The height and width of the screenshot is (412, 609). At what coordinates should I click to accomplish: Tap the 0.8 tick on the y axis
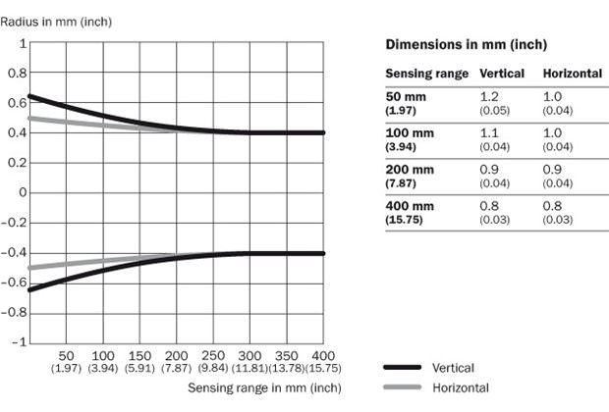18,73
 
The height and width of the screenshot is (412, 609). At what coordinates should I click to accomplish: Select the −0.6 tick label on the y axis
14,283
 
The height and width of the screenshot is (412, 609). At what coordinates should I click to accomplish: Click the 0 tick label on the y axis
23,192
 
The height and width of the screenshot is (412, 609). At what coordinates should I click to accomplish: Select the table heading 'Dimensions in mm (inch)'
466,45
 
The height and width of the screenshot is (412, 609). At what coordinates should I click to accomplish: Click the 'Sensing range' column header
426,74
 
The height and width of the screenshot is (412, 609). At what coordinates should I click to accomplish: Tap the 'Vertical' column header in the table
501,74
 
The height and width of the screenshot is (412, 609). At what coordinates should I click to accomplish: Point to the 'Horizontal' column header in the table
573,74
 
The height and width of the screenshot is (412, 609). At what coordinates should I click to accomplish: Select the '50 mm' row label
404,97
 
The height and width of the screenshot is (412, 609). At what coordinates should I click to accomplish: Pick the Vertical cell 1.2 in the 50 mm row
488,97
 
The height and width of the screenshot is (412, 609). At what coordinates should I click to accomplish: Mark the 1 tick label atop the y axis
23,43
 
